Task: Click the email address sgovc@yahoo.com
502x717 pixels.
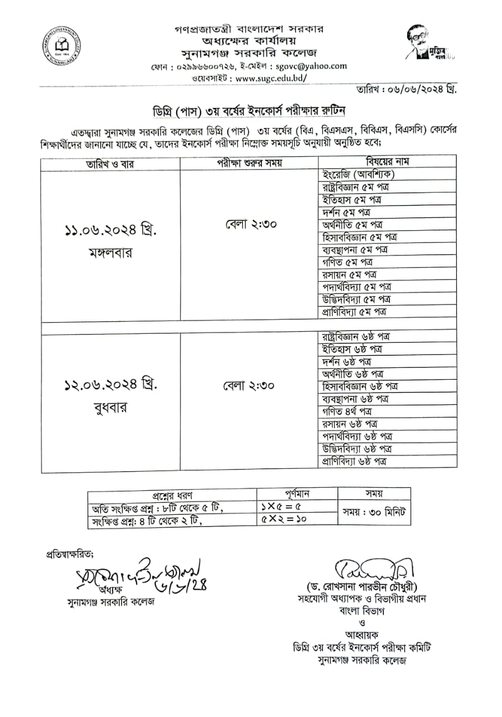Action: point(312,66)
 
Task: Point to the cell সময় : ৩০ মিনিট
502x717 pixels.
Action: point(375,512)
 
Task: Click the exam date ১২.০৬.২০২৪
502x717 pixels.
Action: point(110,386)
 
